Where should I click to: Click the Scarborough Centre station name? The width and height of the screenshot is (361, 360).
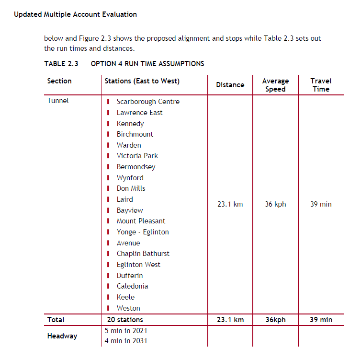click(148, 102)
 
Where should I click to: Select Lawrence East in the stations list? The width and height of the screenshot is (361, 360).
click(139, 113)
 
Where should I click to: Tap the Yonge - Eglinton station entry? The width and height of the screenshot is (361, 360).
click(143, 232)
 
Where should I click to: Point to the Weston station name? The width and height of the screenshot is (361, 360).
click(128, 308)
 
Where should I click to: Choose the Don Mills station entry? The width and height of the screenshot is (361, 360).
click(131, 188)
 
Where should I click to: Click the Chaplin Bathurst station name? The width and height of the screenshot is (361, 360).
click(143, 254)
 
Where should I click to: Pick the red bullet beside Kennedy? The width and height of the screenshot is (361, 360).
click(109, 124)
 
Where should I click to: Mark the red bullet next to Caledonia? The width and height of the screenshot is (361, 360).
click(109, 286)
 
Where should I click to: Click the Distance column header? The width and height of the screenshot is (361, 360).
click(230, 85)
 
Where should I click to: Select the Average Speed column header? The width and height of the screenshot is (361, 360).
click(275, 85)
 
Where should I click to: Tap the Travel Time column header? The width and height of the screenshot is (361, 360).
click(321, 85)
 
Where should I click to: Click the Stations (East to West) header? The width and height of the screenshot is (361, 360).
click(142, 81)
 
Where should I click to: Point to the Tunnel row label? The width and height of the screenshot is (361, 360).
click(58, 101)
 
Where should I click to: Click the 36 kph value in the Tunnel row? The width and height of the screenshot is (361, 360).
click(275, 204)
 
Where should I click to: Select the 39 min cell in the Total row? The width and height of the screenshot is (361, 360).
click(321, 320)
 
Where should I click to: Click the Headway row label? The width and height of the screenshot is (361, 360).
click(62, 336)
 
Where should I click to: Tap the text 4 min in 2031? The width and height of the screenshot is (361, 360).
click(126, 341)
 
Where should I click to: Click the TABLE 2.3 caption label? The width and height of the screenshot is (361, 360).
click(61, 64)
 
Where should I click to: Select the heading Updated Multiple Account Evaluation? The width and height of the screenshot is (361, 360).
click(75, 14)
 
